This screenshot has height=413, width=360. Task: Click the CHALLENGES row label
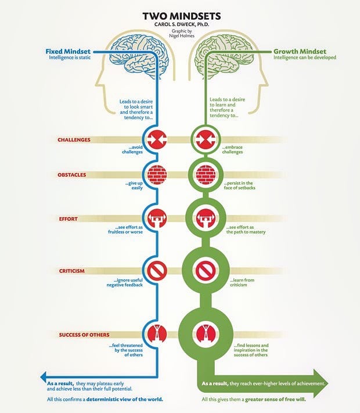(74, 140)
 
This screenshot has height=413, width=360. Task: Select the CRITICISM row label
(72, 271)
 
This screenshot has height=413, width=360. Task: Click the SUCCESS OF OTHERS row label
(84, 334)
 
